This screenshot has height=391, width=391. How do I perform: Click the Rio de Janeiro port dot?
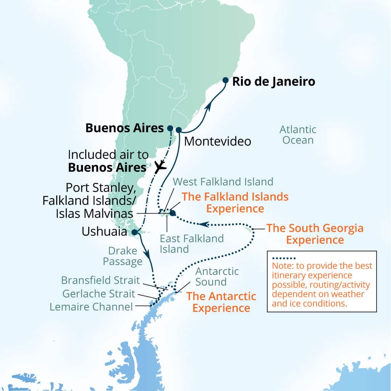[x=225, y=81]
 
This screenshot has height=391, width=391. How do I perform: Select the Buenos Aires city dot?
[x=170, y=128]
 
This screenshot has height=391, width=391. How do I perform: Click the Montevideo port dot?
[x=178, y=130]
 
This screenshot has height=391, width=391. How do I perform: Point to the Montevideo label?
[x=218, y=141]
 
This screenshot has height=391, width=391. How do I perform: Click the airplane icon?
[x=160, y=167]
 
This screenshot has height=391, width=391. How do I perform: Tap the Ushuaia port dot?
[x=134, y=232]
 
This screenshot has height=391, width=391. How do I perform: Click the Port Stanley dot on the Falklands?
[x=173, y=213]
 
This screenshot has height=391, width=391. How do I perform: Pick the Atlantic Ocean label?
[x=298, y=135]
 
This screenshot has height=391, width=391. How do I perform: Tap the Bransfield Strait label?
[x=100, y=280]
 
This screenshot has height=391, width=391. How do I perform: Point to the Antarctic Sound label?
[x=217, y=277]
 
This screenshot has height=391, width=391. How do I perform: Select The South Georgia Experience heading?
[x=315, y=234]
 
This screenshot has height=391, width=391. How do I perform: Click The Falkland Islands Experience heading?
[x=235, y=202]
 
